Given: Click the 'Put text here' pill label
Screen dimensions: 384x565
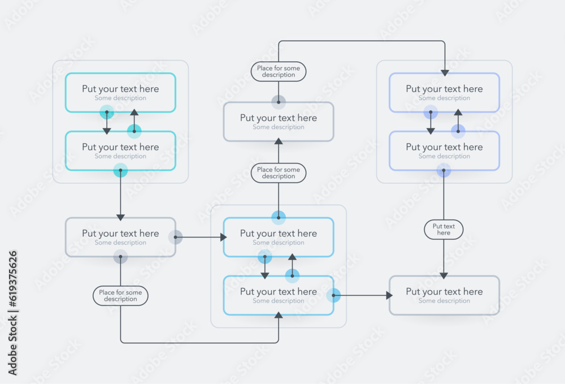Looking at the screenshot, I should [x=444, y=230].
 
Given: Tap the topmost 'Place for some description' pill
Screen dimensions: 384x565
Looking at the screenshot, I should [x=279, y=71].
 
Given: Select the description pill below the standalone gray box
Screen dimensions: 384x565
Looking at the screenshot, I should [x=120, y=296].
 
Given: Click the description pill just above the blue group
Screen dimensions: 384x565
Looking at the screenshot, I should [x=279, y=173].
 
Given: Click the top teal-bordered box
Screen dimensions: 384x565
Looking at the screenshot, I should [x=120, y=92].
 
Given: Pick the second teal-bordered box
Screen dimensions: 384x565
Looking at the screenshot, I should [x=120, y=150].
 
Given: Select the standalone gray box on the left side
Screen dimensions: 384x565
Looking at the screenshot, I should [x=120, y=237].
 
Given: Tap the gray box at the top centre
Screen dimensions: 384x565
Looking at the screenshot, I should [x=279, y=122].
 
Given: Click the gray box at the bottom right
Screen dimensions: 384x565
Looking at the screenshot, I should [x=444, y=295].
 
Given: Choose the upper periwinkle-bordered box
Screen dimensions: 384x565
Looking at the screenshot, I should [x=444, y=92].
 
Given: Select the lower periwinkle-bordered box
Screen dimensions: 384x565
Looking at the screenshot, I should [x=444, y=150].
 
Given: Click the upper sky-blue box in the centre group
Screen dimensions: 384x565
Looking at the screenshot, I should [x=279, y=237].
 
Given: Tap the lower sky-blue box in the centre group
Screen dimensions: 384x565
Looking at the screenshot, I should [x=279, y=295].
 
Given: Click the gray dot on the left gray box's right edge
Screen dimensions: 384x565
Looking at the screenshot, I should [x=176, y=238].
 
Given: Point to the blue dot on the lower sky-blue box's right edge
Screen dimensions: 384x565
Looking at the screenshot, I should [x=333, y=295].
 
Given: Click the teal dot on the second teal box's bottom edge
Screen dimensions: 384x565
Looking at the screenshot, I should [x=120, y=170].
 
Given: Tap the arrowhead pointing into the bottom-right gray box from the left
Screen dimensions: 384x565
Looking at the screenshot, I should [x=389, y=295].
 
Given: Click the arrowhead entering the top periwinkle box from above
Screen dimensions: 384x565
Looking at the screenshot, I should [x=445, y=72].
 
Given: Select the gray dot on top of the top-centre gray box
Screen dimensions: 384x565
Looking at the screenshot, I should [x=279, y=102].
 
